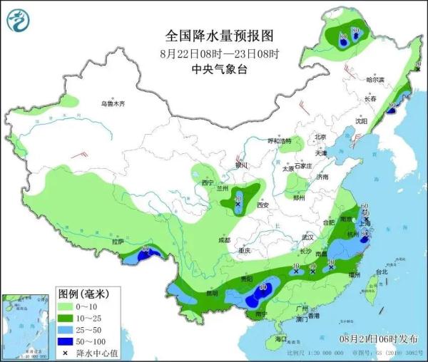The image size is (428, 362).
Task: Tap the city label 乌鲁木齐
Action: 112,104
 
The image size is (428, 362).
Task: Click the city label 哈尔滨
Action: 374,80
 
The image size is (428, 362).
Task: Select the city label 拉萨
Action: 118,242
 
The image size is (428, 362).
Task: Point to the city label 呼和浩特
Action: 279,142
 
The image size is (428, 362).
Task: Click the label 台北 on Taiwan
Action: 381,271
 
